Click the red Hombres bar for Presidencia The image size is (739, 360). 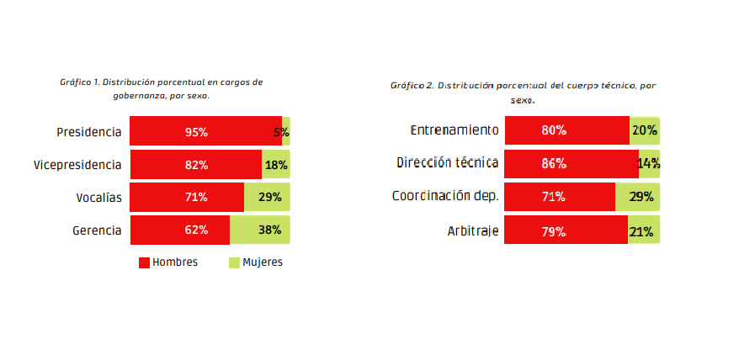206,130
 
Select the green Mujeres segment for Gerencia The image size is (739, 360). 260,230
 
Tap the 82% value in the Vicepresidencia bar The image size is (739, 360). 196,165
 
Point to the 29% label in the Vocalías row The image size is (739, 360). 270,197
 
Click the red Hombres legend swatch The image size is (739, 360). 144,262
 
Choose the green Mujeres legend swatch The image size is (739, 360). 234,262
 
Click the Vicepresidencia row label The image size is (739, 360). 77,166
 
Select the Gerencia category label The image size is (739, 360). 97,231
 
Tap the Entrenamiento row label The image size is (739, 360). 455,130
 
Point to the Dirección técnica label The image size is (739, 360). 447,162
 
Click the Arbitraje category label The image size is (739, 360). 473,231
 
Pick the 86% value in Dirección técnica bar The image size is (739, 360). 553,164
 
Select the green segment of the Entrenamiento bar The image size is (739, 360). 645,130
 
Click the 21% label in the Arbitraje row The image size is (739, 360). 641,232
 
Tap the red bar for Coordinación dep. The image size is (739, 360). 560,197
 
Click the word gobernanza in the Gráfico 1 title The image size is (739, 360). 136,96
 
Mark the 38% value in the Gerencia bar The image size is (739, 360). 270,230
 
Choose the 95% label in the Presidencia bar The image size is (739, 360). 196,132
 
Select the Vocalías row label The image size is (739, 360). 99,198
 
